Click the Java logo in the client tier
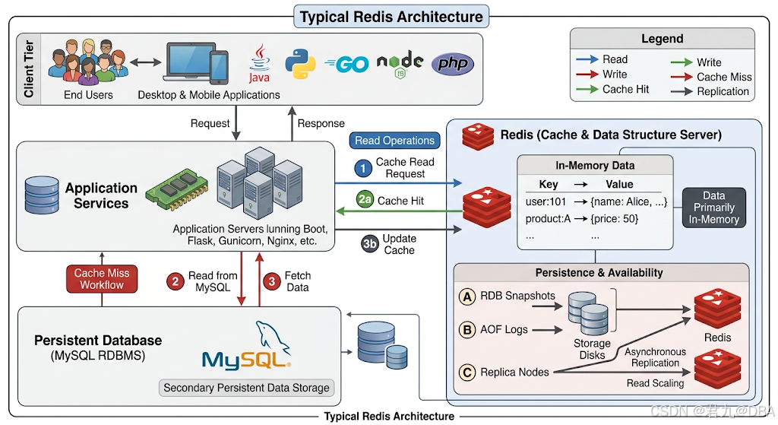click(x=260, y=64)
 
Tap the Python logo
click(x=300, y=64)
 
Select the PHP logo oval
click(x=453, y=64)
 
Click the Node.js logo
click(x=400, y=64)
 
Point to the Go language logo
click(x=346, y=64)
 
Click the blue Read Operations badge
click(x=394, y=141)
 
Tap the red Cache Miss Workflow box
click(x=102, y=279)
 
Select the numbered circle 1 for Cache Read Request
click(x=363, y=168)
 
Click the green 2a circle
click(x=365, y=200)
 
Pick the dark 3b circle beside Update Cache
click(x=370, y=244)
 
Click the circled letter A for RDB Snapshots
click(x=466, y=297)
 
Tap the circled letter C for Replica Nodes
click(x=466, y=373)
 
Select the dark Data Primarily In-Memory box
click(x=714, y=208)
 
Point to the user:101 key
click(x=546, y=201)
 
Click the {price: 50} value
click(x=614, y=218)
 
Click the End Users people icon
click(x=88, y=62)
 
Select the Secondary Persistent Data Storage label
click(x=247, y=388)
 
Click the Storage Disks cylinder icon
click(x=588, y=313)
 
